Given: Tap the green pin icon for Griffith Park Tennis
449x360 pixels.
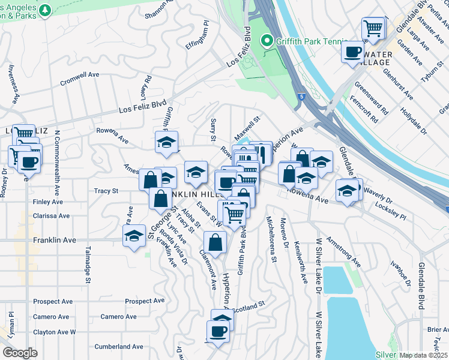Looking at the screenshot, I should pyautogui.click(x=267, y=41).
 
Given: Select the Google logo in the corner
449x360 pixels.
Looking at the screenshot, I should pyautogui.click(x=20, y=353).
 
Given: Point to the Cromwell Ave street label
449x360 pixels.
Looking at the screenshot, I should pyautogui.click(x=79, y=78).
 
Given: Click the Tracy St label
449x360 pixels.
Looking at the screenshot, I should pyautogui.click(x=106, y=191).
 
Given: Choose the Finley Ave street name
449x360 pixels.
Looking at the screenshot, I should pyautogui.click(x=49, y=202).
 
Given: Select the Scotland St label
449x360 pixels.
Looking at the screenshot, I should pyautogui.click(x=250, y=307).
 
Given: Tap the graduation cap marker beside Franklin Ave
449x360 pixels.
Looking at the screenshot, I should pyautogui.click(x=134, y=236).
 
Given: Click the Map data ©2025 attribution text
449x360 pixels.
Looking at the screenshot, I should pyautogui.click(x=424, y=355).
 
